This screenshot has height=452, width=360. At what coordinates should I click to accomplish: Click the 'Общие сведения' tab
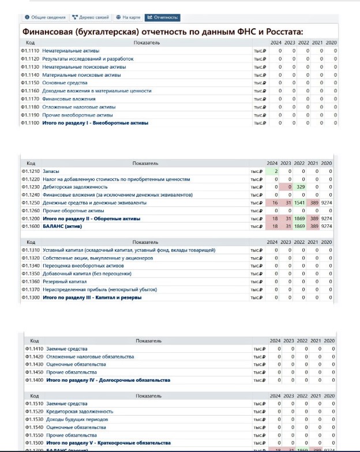[45, 17]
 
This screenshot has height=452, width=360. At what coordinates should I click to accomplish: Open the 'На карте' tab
[128, 17]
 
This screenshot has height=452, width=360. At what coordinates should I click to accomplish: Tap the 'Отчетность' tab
[162, 17]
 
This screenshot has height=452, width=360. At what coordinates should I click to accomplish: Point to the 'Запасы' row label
[51, 171]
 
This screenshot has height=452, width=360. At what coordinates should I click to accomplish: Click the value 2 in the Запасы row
[276, 171]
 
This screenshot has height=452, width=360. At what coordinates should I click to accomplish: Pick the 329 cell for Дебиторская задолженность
[301, 187]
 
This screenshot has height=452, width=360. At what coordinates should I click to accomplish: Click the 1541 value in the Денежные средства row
[299, 203]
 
